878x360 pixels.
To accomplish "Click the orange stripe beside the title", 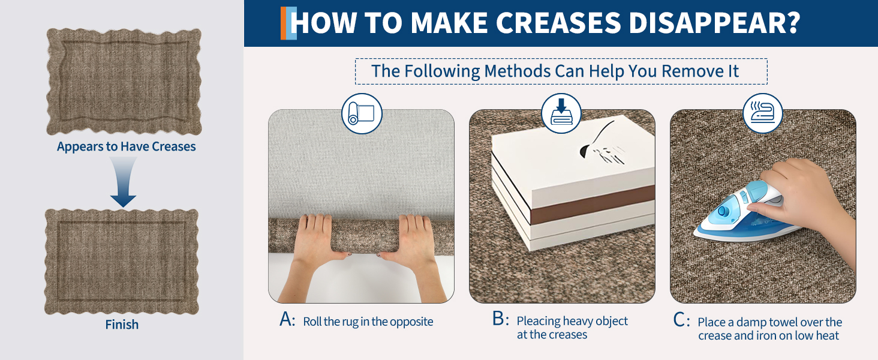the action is click(x=284, y=23).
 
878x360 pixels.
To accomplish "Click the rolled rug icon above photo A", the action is click(x=362, y=114).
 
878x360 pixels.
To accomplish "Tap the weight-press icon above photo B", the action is click(x=561, y=113).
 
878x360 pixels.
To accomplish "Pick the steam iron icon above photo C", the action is click(x=763, y=113).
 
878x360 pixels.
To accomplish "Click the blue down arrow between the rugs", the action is click(x=123, y=182).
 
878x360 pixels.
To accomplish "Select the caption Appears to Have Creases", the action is click(x=126, y=146).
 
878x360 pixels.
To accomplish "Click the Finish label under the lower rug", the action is click(x=122, y=325).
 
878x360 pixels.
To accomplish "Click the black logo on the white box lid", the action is click(x=600, y=145).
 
